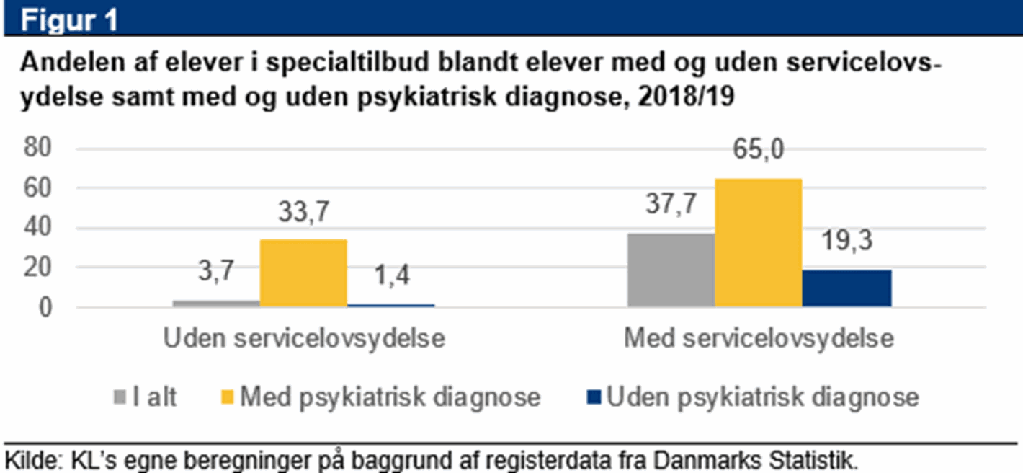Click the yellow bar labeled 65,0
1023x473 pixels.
(x=758, y=243)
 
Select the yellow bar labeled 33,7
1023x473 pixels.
(x=303, y=273)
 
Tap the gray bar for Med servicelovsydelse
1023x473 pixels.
(x=671, y=270)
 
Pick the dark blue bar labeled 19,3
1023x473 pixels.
(x=846, y=288)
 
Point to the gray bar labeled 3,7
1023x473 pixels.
(x=216, y=304)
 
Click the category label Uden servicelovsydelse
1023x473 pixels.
(x=304, y=339)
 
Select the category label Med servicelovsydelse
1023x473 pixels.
(x=759, y=339)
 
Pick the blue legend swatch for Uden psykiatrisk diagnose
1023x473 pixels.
(x=595, y=397)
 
